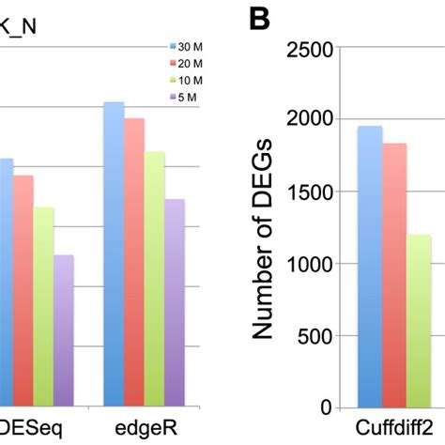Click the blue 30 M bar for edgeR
(113, 253)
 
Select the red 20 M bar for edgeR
(135, 262)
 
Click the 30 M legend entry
(183, 45)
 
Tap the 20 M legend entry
(183, 62)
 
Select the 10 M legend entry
(183, 79)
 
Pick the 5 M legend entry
(181, 96)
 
